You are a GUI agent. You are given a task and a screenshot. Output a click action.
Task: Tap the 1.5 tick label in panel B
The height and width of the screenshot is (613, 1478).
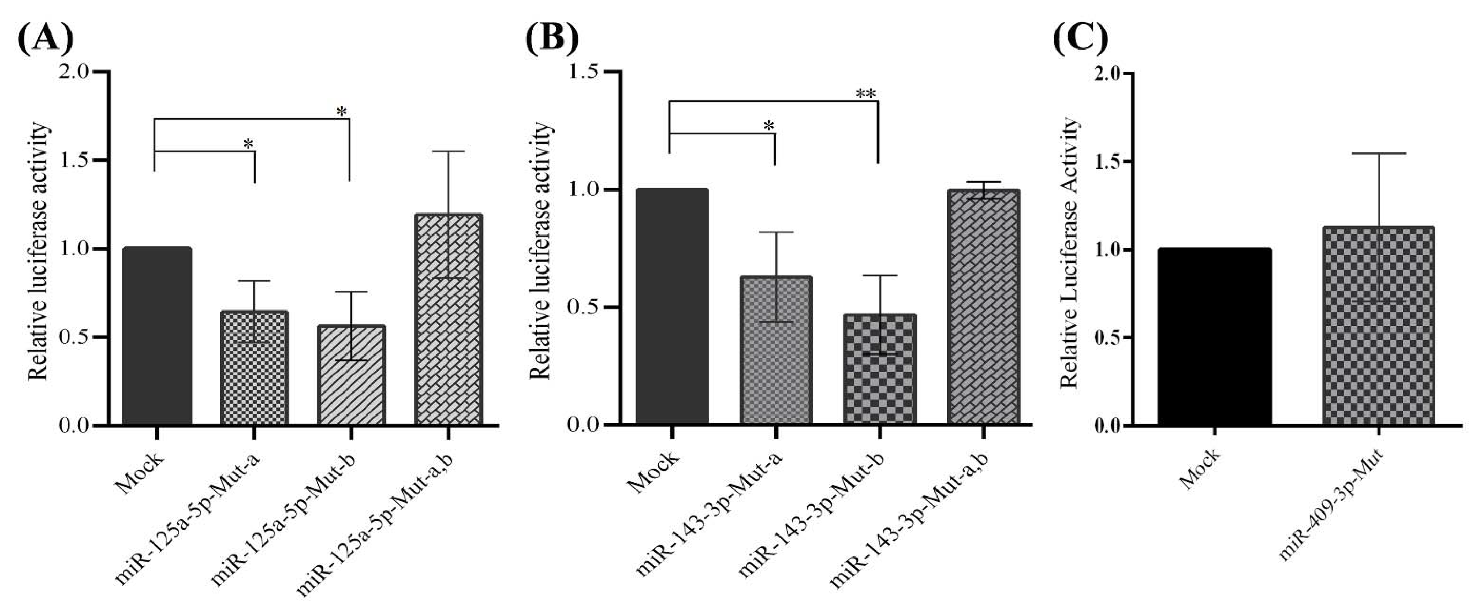point(584,72)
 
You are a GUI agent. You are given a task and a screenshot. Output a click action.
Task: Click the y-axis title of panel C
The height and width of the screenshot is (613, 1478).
point(1070,253)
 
